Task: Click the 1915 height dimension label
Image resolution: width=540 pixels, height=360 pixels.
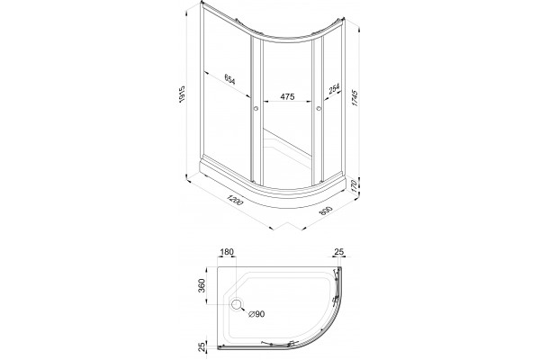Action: [x=182, y=94]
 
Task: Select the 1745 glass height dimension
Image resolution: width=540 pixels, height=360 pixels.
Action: [x=355, y=98]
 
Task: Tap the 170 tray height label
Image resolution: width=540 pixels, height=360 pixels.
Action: [x=353, y=186]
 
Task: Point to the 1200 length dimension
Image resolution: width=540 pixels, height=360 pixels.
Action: [x=235, y=200]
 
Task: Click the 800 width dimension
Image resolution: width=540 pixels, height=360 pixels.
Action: [x=326, y=211]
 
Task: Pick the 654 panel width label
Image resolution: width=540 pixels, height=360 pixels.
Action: [x=229, y=79]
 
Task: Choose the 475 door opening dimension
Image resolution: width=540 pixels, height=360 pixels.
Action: [x=287, y=97]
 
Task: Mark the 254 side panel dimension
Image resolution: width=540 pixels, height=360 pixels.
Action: [x=334, y=88]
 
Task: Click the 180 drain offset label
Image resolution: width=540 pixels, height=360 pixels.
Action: [x=227, y=252]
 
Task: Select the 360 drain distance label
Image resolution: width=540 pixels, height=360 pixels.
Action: [x=202, y=285]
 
